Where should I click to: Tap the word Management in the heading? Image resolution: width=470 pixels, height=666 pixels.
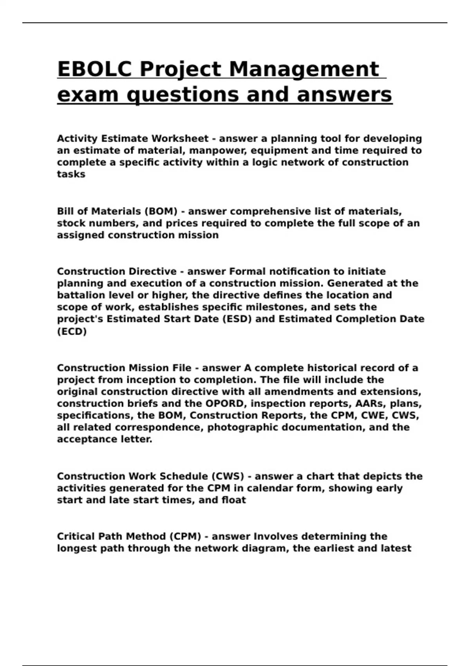pyautogui.click(x=304, y=69)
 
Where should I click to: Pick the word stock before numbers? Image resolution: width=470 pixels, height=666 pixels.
pyautogui.click(x=70, y=223)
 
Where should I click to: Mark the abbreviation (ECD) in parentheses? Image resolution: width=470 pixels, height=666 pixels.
pyautogui.click(x=72, y=331)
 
